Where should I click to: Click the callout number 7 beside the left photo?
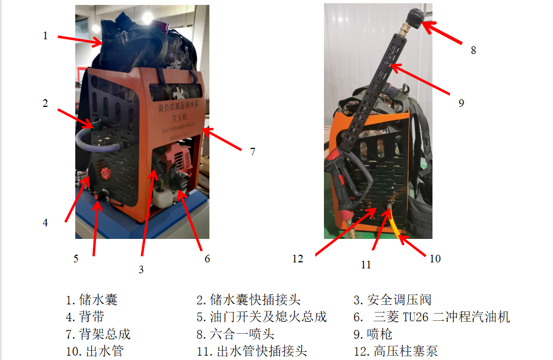253,152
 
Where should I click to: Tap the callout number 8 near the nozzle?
473,50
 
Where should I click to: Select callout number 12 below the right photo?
298,259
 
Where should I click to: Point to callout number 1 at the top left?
46,36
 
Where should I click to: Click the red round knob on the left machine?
104,175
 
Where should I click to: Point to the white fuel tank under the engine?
162,199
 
